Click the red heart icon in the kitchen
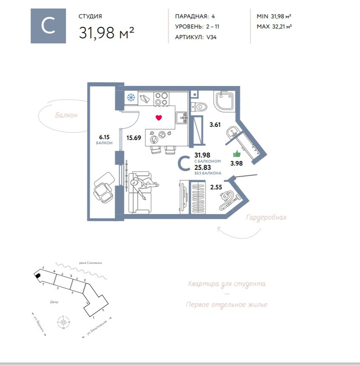pyautogui.click(x=159, y=117)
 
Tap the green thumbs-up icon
pyautogui.click(x=237, y=154)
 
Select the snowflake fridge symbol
pyautogui.click(x=131, y=98)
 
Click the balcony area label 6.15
pyautogui.click(x=104, y=137)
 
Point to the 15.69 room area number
pyautogui.click(x=133, y=137)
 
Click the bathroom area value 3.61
pyautogui.click(x=215, y=125)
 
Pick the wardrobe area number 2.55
pyautogui.click(x=216, y=186)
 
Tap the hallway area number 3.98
pyautogui.click(x=236, y=163)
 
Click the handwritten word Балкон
pyautogui.click(x=66, y=115)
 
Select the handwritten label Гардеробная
pyautogui.click(x=266, y=217)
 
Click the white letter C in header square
pyautogui.click(x=48, y=26)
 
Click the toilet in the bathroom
pyautogui.click(x=198, y=106)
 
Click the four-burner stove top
pyautogui.click(x=161, y=99)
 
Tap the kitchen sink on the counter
pyautogui.click(x=181, y=116)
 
